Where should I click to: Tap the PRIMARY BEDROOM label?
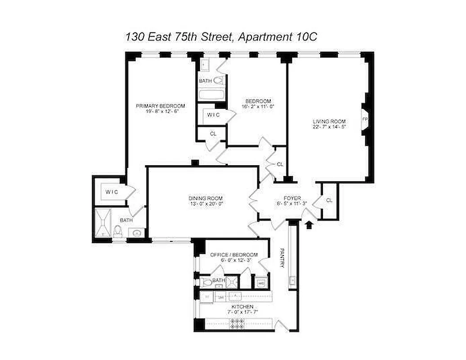pos(161,106)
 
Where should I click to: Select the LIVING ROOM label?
pos(329,121)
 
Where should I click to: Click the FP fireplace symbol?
pos(365,120)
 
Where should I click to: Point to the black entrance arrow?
pos(309,224)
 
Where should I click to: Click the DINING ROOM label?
pos(206,198)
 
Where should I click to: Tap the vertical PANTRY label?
pos(282,258)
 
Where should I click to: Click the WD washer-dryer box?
pos(261,283)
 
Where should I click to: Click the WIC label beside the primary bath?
pos(112,193)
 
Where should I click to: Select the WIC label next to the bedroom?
pos(213,115)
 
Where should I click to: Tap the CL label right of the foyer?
pos(329,200)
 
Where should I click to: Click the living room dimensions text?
pos(329,126)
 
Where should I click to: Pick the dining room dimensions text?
pos(206,204)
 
